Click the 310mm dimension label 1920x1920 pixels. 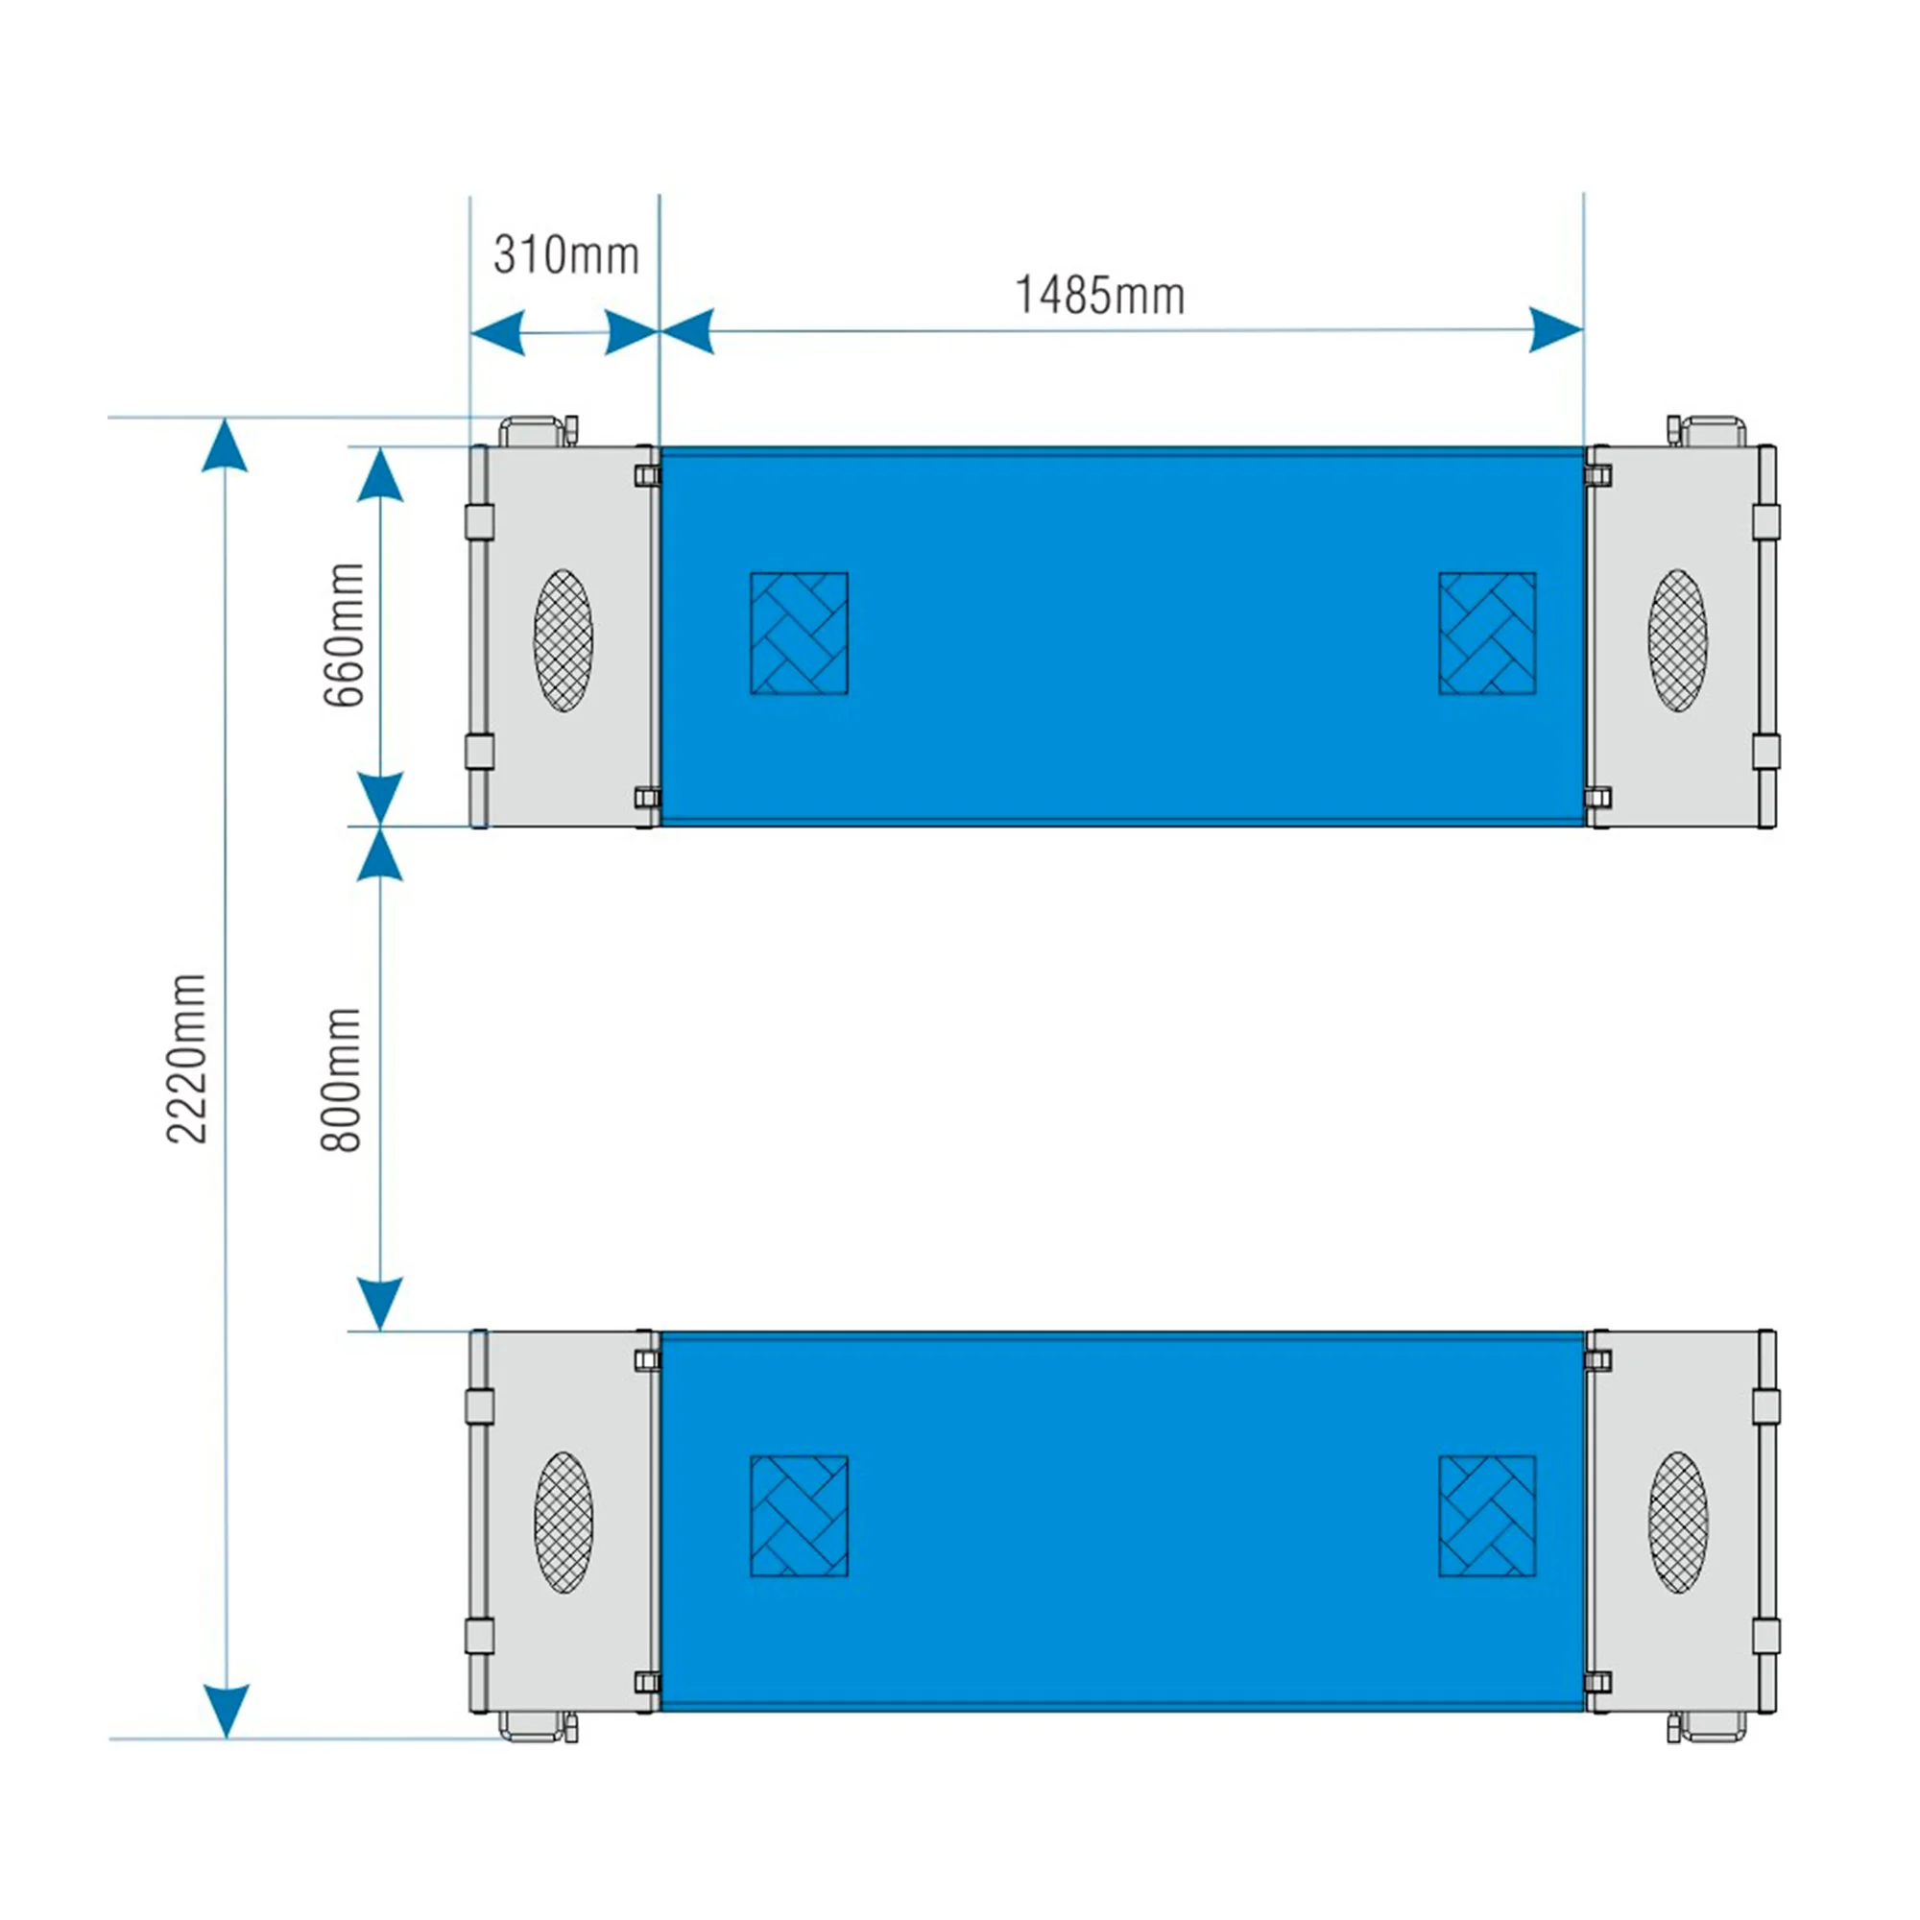pyautogui.click(x=565, y=255)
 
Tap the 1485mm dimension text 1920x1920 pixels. pyautogui.click(x=1099, y=295)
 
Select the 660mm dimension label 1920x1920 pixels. pyautogui.click(x=345, y=634)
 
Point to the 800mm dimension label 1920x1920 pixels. pyautogui.click(x=341, y=1079)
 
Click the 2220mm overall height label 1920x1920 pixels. pyautogui.click(x=187, y=1060)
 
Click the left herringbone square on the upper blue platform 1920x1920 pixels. pyautogui.click(x=799, y=633)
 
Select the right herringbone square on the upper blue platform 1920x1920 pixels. pyautogui.click(x=1488, y=633)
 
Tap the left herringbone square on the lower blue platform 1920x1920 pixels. pyautogui.click(x=799, y=1516)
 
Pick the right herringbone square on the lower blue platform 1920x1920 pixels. pyautogui.click(x=1488, y=1516)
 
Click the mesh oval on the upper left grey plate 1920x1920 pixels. pyautogui.click(x=564, y=640)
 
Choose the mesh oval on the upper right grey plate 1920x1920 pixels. pyautogui.click(x=1678, y=640)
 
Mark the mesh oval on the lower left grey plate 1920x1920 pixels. pyautogui.click(x=564, y=1523)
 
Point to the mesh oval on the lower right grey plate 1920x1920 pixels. pyautogui.click(x=1678, y=1523)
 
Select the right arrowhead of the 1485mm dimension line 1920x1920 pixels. pyautogui.click(x=1555, y=330)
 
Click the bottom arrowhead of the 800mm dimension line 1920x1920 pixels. pyautogui.click(x=379, y=1304)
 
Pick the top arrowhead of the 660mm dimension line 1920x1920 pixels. pyautogui.click(x=379, y=474)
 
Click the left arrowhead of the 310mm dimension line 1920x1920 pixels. pyautogui.click(x=497, y=332)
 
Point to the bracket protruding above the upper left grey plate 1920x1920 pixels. pyautogui.click(x=538, y=432)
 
